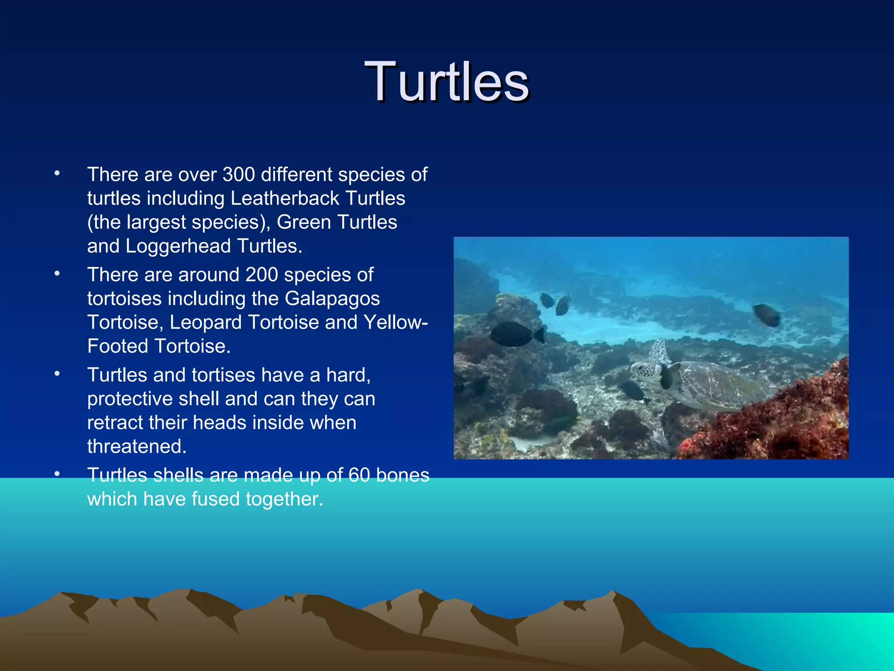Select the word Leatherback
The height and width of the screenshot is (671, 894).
pyautogui.click(x=284, y=199)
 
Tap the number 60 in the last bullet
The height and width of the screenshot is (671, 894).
pyautogui.click(x=359, y=475)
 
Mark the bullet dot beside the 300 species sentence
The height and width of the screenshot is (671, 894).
pyautogui.click(x=57, y=173)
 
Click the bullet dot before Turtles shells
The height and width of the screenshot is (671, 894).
pyautogui.click(x=57, y=474)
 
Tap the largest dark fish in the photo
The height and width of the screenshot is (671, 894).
pyautogui.click(x=515, y=334)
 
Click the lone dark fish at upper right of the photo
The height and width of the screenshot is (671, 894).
pyautogui.click(x=767, y=315)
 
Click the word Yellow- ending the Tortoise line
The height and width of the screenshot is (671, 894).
pyautogui.click(x=395, y=323)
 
